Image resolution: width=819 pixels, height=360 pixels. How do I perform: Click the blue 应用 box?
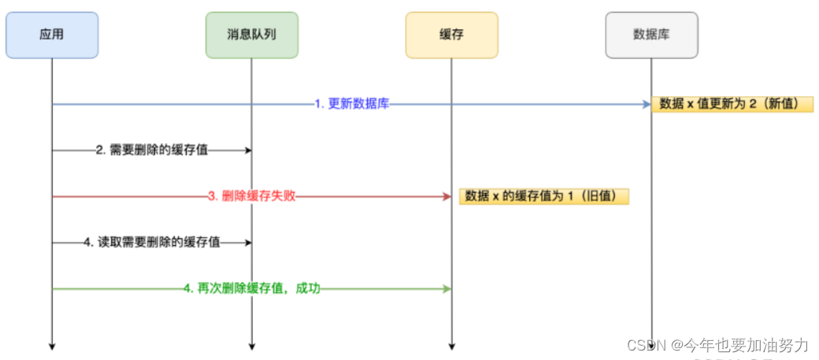(x=52, y=35)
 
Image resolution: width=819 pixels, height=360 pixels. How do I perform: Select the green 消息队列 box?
(x=252, y=35)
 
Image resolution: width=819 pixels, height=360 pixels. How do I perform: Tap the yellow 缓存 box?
(x=451, y=35)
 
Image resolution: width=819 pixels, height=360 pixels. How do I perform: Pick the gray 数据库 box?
(x=651, y=35)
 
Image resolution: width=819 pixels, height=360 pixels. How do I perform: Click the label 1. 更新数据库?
(x=351, y=104)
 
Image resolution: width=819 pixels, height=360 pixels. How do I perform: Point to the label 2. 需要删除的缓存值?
(x=152, y=150)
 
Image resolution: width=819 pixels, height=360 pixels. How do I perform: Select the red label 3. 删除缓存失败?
(x=252, y=196)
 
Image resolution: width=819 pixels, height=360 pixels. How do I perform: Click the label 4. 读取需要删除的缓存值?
(x=152, y=243)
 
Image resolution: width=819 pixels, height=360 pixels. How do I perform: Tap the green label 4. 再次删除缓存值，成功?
(x=252, y=289)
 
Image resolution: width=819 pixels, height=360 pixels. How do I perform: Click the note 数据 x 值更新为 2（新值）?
(x=732, y=104)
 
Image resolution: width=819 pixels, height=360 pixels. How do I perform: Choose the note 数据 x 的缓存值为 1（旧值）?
(x=544, y=196)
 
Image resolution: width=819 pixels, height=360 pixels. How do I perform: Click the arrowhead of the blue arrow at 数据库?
(x=647, y=104)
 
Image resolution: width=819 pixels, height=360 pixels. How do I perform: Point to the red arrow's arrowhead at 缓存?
(x=447, y=196)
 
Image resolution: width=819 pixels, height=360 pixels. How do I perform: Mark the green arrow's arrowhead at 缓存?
(x=447, y=289)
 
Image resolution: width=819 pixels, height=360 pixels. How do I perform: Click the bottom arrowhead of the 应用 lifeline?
(x=52, y=344)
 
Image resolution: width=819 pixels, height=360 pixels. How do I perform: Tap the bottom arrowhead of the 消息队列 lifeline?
(x=252, y=344)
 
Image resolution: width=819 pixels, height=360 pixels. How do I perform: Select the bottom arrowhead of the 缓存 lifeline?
(x=451, y=344)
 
